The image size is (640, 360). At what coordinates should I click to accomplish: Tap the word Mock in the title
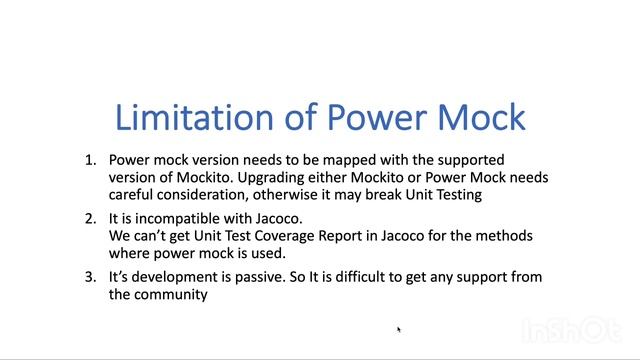click(479, 117)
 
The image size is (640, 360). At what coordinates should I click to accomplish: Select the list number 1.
click(89, 159)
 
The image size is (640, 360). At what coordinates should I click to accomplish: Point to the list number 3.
click(89, 277)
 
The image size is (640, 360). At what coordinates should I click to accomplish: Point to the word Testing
click(457, 195)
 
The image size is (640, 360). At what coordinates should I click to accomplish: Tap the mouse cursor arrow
click(399, 329)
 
